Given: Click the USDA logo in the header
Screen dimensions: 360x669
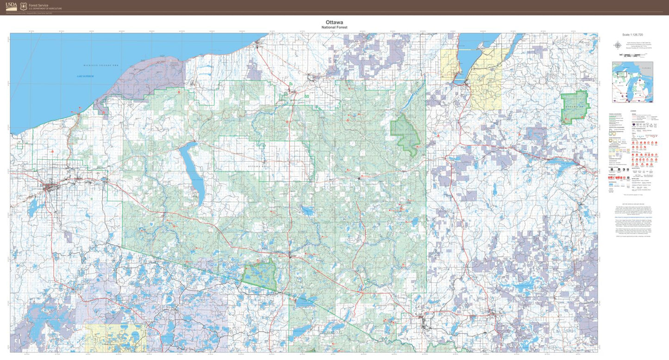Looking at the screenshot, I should [12, 6].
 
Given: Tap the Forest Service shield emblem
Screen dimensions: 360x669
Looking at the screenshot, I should [23, 6].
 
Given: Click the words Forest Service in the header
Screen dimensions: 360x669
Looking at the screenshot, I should [38, 5].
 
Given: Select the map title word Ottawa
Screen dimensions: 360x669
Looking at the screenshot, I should [334, 22].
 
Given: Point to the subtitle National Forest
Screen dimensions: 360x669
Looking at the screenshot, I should [334, 27].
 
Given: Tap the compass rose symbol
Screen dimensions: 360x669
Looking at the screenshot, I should [618, 45].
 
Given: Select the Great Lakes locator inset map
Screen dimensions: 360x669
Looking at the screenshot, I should [632, 82].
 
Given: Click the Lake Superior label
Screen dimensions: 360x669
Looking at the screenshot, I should [86, 76].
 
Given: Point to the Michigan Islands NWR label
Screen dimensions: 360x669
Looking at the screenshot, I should [101, 66].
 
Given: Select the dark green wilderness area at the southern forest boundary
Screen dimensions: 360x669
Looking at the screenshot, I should [259, 274].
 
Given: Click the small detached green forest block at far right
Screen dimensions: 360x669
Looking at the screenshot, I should [575, 107].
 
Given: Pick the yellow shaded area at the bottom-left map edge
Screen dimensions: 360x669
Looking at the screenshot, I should [115, 338].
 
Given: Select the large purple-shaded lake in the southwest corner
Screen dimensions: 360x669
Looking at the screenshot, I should [42, 320].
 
